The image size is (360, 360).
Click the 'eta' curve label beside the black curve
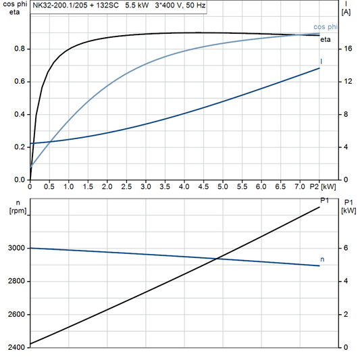point(326,39)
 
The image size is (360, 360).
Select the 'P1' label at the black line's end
point(324,201)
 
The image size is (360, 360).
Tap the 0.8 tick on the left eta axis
point(19,49)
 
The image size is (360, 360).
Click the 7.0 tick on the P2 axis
point(299,186)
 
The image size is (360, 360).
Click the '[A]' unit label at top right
point(346,12)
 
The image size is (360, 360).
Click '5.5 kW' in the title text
point(130,5)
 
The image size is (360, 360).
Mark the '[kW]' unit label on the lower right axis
point(349,211)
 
